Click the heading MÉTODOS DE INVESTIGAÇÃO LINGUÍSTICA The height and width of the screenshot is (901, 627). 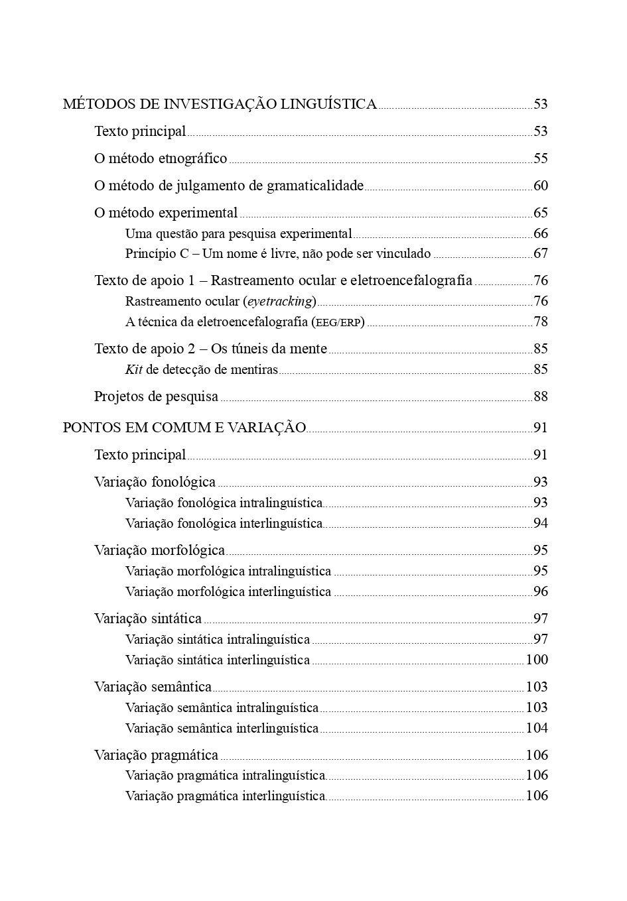[x=220, y=104]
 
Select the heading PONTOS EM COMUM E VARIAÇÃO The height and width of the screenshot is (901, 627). [x=184, y=428]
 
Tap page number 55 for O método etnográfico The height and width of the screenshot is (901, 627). [x=541, y=158]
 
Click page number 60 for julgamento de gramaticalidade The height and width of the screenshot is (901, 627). [x=541, y=186]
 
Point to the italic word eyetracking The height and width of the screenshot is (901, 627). [x=279, y=302]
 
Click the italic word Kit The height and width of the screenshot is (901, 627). [x=134, y=369]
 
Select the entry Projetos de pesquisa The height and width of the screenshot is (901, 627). [x=156, y=396]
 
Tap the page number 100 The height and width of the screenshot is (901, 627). [x=537, y=660]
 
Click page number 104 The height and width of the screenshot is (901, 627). [x=537, y=728]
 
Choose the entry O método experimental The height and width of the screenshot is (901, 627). [x=166, y=213]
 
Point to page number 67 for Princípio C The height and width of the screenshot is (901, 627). [x=541, y=253]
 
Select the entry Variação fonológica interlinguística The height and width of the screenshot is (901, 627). [x=224, y=523]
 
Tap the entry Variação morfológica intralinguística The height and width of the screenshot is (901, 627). [x=228, y=571]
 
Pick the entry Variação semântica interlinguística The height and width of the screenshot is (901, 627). [x=222, y=728]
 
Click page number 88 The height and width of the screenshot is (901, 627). [x=541, y=396]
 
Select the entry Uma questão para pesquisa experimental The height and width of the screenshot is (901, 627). [x=238, y=233]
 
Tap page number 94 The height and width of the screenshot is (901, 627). [x=541, y=523]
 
